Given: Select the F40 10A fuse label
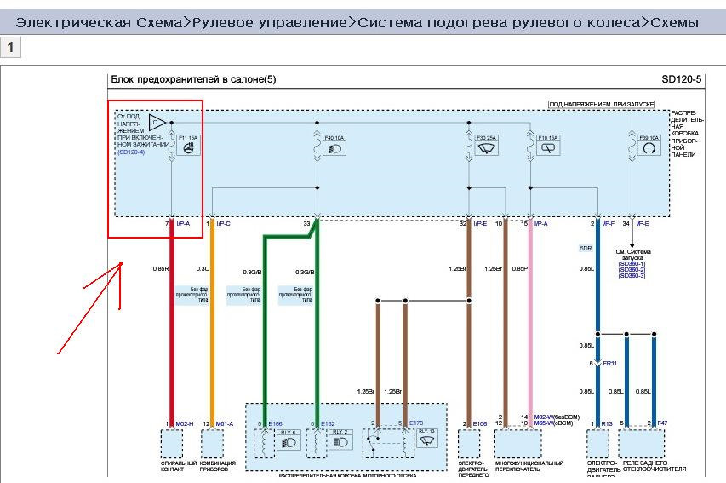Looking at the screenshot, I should click(x=334, y=136).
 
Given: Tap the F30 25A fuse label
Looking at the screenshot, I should click(x=487, y=136).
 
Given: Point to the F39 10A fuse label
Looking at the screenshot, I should click(x=649, y=136).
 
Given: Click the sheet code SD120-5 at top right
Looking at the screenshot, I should click(x=681, y=79).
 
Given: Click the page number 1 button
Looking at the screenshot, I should click(x=10, y=48).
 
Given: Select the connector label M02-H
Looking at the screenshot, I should click(x=186, y=423).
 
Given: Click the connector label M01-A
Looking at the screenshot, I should click(x=225, y=423).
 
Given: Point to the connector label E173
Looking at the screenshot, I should click(x=416, y=423).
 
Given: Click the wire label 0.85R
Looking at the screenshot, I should click(x=161, y=269).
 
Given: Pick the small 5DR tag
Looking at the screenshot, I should click(x=586, y=248).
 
